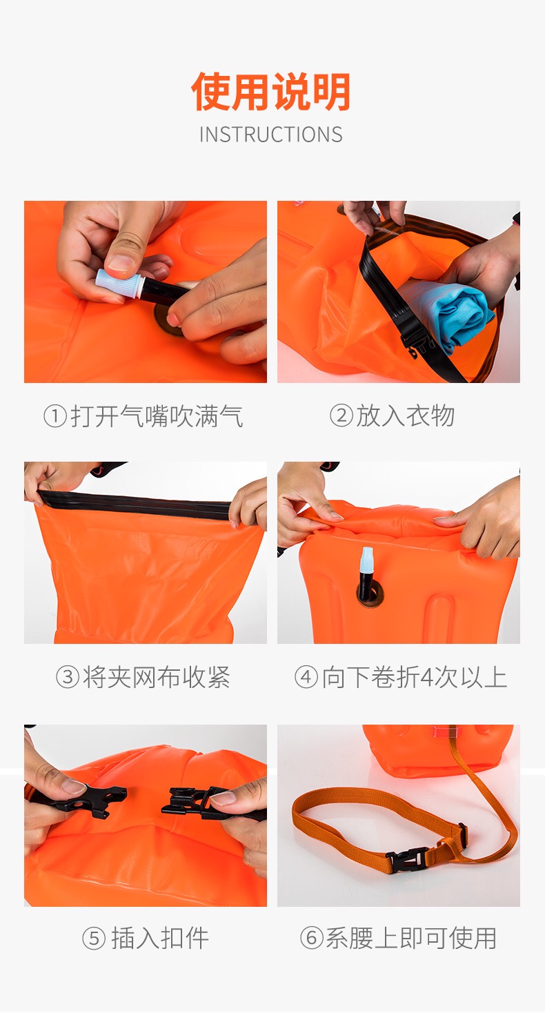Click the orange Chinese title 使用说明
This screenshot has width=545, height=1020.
[271, 92]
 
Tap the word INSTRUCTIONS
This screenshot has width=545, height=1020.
[271, 135]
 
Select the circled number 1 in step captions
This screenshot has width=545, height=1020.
[55, 416]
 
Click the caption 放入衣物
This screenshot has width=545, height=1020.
[405, 415]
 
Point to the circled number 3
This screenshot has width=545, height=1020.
[68, 676]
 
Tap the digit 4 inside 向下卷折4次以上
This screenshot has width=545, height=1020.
[426, 677]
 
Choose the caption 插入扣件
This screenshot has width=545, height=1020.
[160, 938]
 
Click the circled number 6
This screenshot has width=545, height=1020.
[312, 938]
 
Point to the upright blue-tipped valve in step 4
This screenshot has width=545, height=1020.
[365, 574]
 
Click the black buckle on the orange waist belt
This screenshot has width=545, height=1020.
[407, 857]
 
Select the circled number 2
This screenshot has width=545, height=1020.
[341, 415]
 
